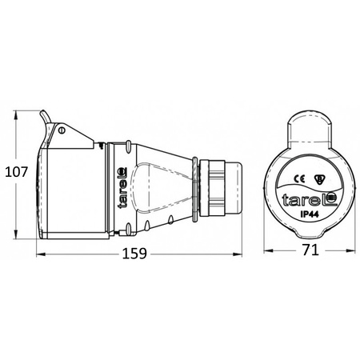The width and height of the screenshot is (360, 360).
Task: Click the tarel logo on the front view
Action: point(307,200)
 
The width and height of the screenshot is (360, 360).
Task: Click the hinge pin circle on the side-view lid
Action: point(60,129)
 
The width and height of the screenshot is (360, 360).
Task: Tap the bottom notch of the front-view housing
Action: point(307,238)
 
